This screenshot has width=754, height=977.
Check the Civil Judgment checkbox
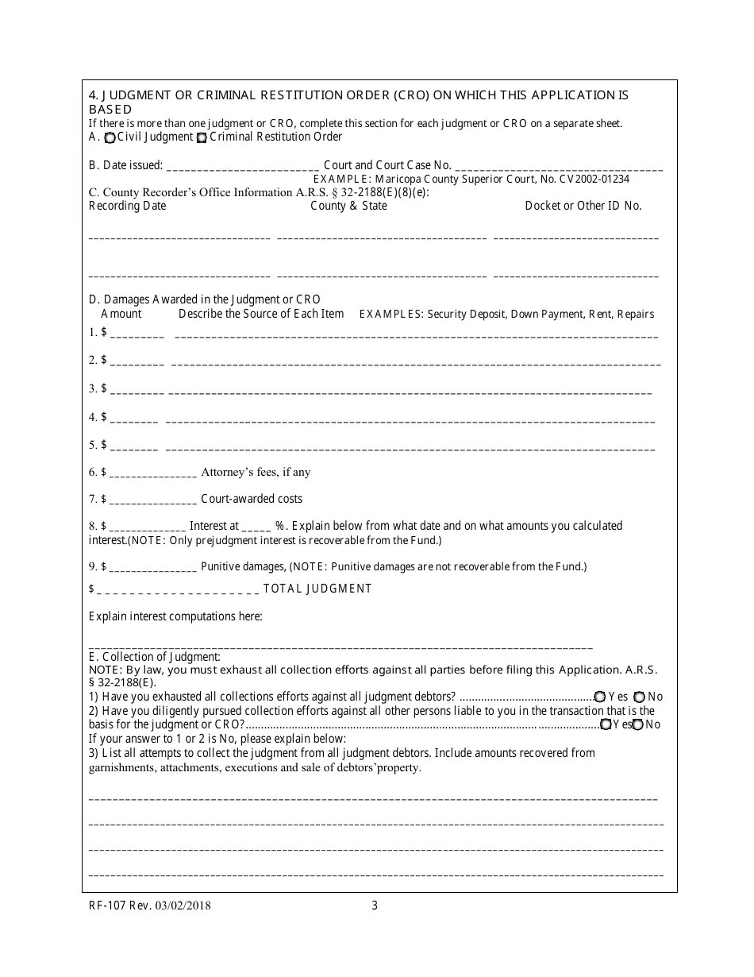point(110,137)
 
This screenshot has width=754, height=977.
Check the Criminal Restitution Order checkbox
point(202,137)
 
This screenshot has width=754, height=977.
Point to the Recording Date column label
point(127,206)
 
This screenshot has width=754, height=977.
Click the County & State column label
point(348,206)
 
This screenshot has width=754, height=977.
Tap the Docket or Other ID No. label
point(583,206)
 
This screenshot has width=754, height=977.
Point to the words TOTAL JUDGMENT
point(317,589)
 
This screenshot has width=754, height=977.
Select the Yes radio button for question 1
point(600,697)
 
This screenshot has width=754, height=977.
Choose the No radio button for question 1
point(639,697)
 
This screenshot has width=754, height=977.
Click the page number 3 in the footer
point(375,905)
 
